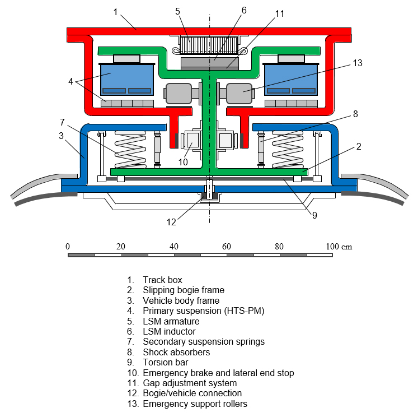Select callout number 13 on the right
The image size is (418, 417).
358,63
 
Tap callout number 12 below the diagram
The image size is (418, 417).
171,222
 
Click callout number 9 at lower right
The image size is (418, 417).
314,214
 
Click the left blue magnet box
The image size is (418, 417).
127,79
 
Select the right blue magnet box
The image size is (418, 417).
292,79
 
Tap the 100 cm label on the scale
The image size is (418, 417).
339,247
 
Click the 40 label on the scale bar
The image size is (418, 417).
174,247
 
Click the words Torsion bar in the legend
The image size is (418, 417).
165,363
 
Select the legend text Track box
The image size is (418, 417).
162,280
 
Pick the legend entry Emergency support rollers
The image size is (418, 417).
195,404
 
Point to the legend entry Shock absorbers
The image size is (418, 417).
176,352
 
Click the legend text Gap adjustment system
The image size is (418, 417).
190,383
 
